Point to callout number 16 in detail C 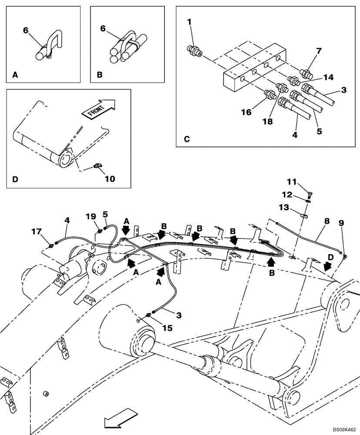246,112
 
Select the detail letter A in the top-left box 15,75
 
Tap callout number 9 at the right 341,223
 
